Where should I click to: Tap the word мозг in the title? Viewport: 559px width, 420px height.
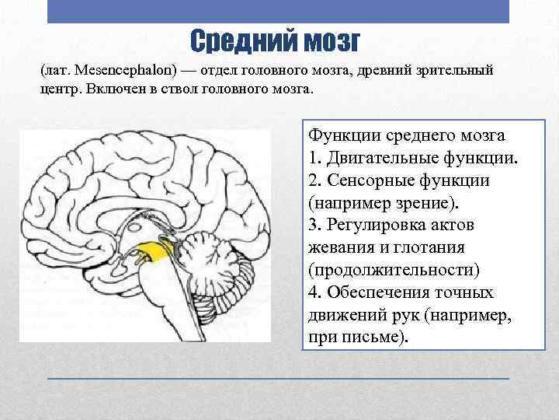coord(328,40)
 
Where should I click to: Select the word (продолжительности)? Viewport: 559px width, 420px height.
coord(394,271)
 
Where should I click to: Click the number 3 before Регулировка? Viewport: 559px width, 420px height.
coord(313,226)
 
